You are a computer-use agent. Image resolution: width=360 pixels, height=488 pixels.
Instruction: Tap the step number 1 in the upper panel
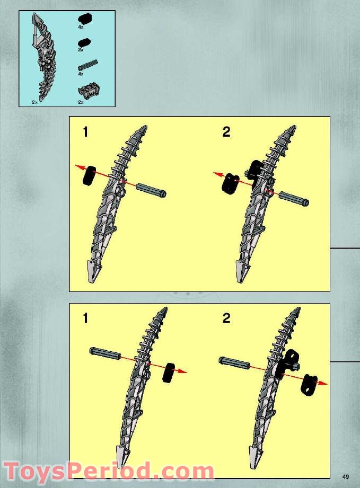(x=85, y=132)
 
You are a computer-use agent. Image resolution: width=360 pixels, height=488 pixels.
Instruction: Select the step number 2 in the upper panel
(x=226, y=132)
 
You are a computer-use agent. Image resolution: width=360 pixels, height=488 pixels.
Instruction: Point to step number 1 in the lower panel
(x=85, y=318)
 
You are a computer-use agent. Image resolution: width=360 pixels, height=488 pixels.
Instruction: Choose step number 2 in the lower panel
(x=226, y=318)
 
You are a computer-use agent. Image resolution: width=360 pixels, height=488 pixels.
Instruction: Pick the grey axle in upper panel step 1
(x=152, y=190)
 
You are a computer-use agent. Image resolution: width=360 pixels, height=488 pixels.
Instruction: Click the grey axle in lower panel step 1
(x=105, y=353)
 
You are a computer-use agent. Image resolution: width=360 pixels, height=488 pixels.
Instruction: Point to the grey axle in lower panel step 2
(x=235, y=362)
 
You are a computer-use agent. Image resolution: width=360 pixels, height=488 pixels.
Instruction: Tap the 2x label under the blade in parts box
(x=34, y=102)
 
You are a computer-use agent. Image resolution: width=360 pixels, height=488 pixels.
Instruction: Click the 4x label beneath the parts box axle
(x=81, y=74)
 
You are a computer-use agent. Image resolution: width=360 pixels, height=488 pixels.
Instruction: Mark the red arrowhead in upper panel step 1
(x=78, y=167)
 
